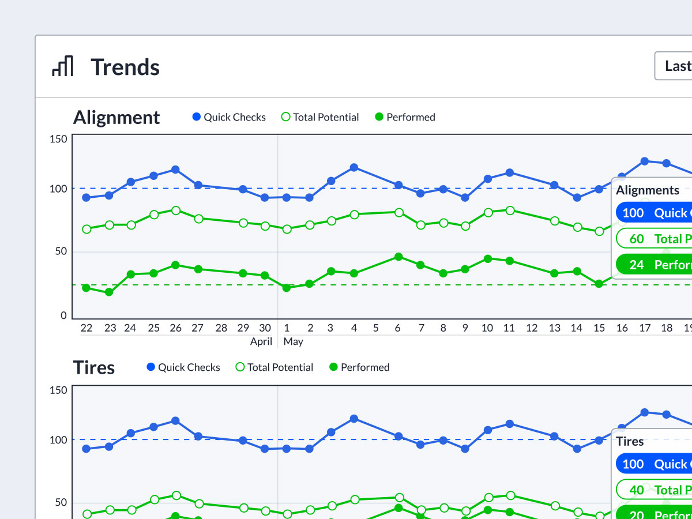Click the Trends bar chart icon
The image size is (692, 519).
click(62, 66)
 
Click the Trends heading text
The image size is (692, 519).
click(125, 67)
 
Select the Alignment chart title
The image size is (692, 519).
click(116, 117)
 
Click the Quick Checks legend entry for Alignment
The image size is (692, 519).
click(229, 117)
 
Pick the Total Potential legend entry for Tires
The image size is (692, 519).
click(274, 367)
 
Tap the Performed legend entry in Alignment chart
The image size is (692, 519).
click(405, 117)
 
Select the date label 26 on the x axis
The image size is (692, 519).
click(175, 328)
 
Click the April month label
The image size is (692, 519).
click(261, 341)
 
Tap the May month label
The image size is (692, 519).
click(294, 341)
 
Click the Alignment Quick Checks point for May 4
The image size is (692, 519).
click(354, 167)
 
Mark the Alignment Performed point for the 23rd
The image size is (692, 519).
click(109, 292)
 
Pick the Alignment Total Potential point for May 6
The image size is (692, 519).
click(398, 212)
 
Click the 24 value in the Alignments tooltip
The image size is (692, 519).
click(637, 265)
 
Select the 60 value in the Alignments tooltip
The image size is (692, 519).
click(637, 239)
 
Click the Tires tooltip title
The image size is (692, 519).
click(630, 442)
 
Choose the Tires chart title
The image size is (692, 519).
click(94, 367)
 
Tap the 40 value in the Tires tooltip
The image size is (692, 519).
click(637, 490)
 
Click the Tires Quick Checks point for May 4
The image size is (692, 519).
click(354, 418)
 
